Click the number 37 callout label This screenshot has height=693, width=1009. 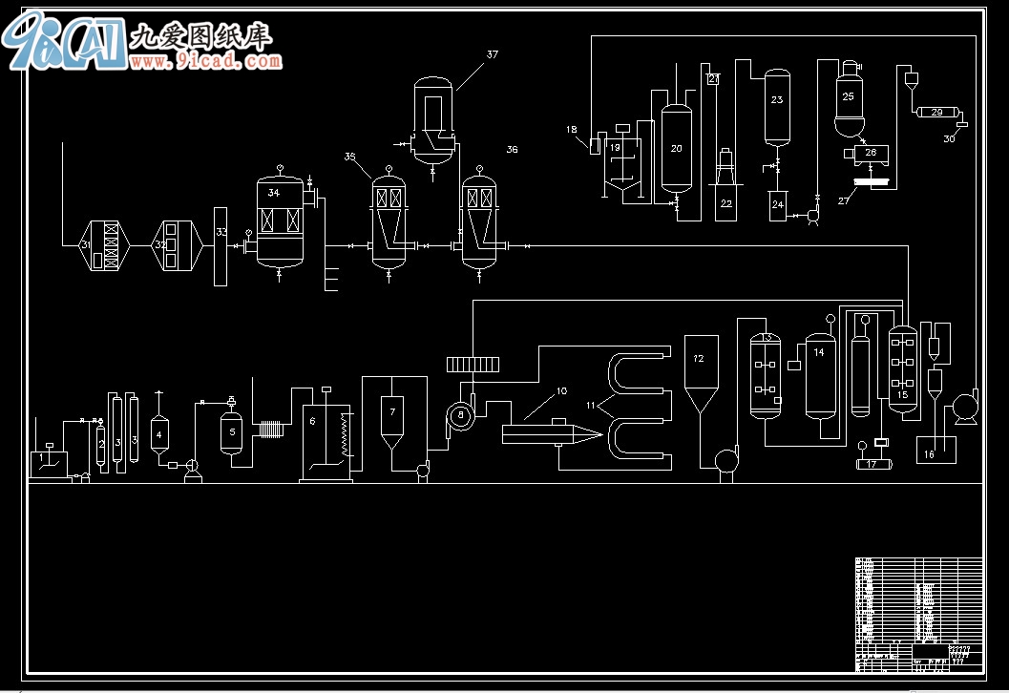(492, 55)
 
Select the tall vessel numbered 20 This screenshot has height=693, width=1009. (677, 148)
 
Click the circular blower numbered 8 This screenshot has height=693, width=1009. (460, 414)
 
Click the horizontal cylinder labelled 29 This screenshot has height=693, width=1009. (936, 113)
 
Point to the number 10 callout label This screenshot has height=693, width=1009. (561, 390)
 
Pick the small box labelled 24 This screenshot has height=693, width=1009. (778, 205)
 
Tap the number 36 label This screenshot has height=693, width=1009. (512, 150)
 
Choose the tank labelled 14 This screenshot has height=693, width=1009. (819, 374)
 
